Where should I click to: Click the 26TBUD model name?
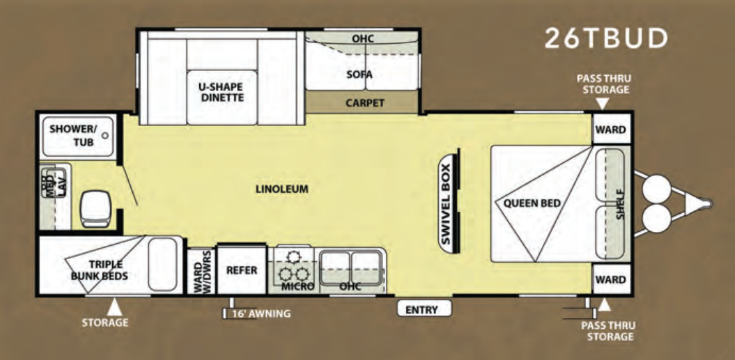(x=606, y=39)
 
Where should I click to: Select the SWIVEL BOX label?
(x=446, y=205)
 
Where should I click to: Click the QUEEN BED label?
(x=532, y=203)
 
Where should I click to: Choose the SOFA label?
(x=359, y=74)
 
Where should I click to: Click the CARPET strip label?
(x=365, y=103)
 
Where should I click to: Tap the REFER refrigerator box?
(x=242, y=270)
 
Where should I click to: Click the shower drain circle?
(x=105, y=135)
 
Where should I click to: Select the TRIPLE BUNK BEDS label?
(x=100, y=270)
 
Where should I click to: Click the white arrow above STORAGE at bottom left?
(x=114, y=308)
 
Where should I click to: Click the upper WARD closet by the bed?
(x=611, y=128)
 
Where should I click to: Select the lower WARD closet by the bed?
(x=611, y=280)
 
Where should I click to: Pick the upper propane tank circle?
(x=657, y=188)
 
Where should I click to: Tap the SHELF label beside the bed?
(x=620, y=205)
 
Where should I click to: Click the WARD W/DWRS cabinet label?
(x=201, y=272)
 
